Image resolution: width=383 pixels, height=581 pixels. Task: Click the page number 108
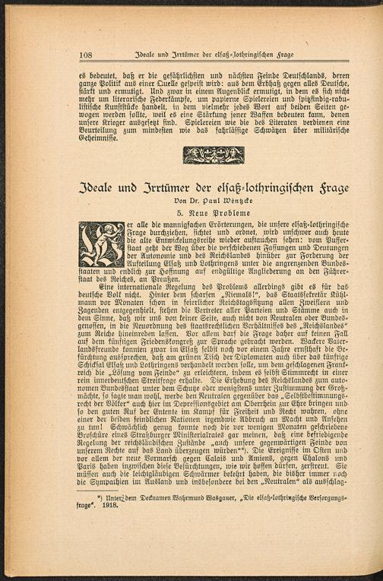click(84, 55)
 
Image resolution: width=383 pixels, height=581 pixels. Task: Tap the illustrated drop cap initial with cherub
click(101, 244)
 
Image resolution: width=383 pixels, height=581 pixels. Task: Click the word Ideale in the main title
click(100, 187)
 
